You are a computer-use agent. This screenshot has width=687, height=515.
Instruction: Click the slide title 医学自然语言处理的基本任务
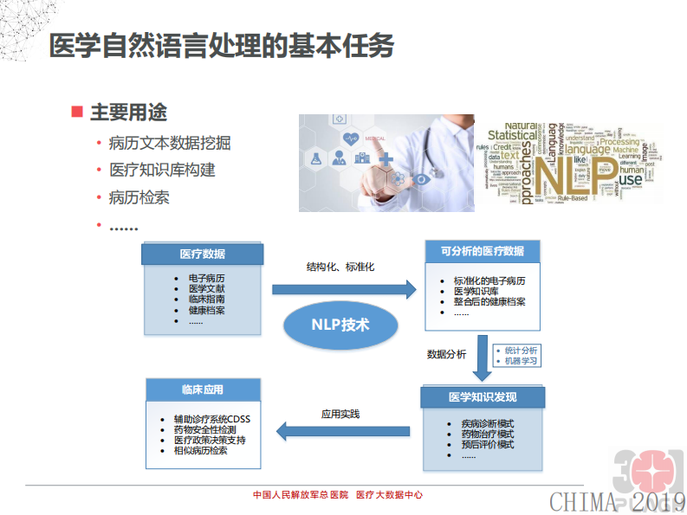click(222, 46)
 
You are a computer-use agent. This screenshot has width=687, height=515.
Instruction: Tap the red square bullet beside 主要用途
click(77, 112)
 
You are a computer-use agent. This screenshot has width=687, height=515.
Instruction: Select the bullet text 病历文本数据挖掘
click(170, 143)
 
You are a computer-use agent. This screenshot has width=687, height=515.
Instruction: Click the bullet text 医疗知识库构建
click(162, 170)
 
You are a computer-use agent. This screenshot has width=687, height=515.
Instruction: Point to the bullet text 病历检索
click(139, 196)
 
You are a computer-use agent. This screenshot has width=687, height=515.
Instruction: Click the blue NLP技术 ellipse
click(340, 325)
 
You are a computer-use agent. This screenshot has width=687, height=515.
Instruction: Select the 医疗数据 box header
click(202, 254)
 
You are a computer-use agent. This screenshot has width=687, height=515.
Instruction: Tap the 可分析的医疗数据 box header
click(482, 251)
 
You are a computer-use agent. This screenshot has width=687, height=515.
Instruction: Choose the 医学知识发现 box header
click(483, 396)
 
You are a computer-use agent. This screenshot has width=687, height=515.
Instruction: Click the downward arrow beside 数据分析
click(482, 358)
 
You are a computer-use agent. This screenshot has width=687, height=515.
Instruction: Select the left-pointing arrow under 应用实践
click(342, 430)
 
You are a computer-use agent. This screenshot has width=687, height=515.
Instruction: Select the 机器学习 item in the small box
click(522, 359)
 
